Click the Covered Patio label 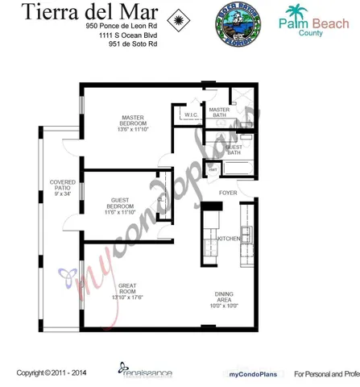62,187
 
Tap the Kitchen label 229,239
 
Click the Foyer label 229,193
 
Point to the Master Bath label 219,113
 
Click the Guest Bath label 234,150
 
